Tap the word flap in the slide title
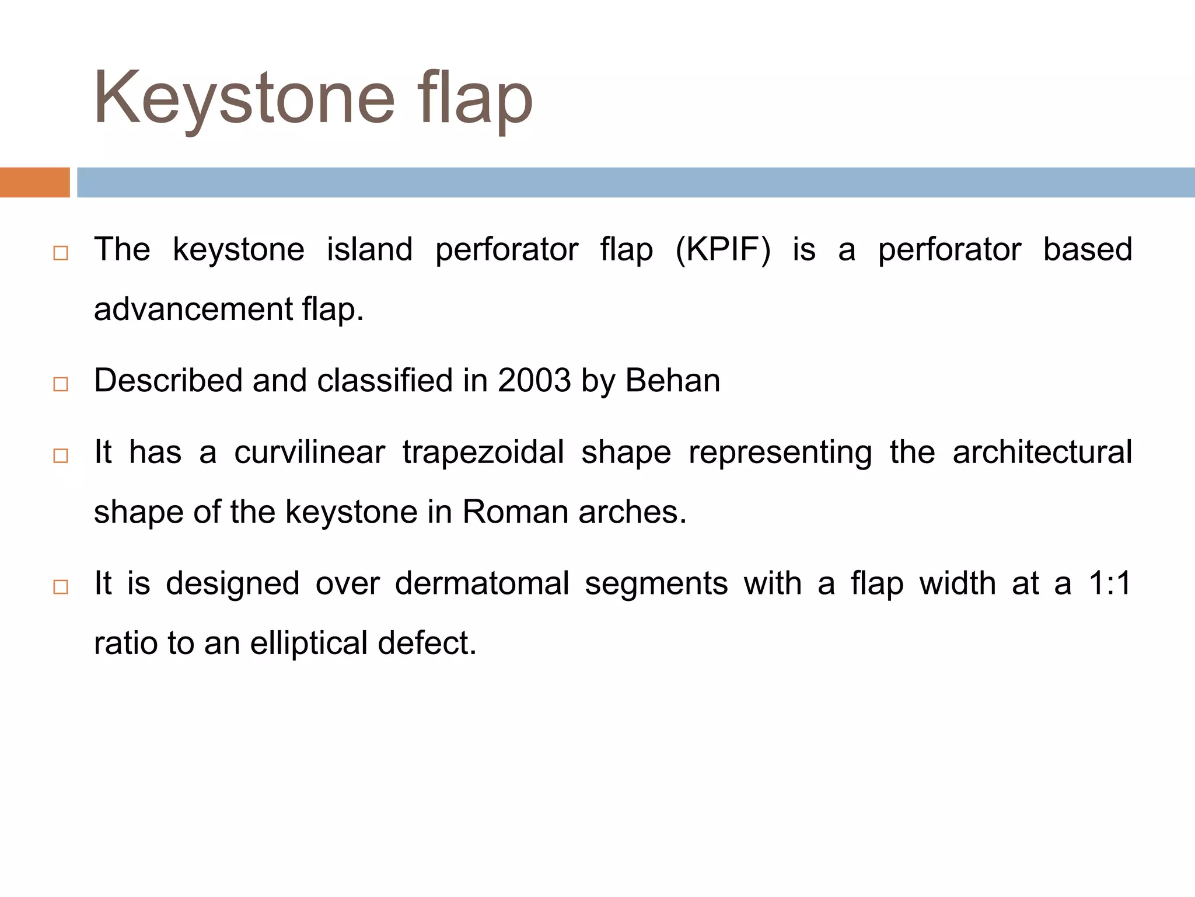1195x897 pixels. coord(475,99)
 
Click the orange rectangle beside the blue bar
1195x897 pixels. coord(34,182)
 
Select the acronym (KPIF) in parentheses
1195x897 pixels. coord(722,250)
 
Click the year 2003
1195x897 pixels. coord(534,381)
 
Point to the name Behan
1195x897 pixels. coord(672,381)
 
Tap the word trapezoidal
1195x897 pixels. coord(483,453)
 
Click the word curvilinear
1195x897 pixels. coord(309,453)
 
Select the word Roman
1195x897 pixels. coord(515,512)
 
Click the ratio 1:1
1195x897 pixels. coord(1110,583)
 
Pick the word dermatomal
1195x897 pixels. coord(481,583)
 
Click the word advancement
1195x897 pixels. coord(193,310)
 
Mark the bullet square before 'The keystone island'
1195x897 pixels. coord(61,253)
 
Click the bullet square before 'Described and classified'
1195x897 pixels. coord(61,384)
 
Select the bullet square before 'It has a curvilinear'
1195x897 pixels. coord(61,456)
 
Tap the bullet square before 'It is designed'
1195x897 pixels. coord(61,587)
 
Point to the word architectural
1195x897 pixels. coord(1042,453)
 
